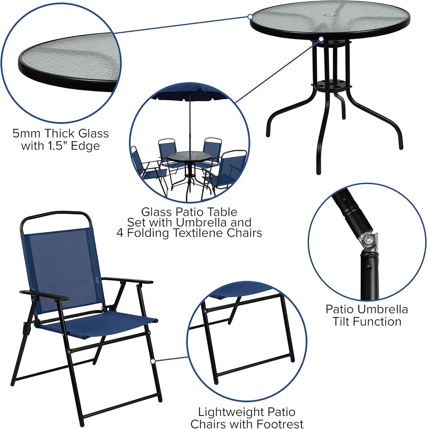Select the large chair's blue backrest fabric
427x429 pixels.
[63, 268]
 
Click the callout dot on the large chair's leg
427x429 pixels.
[153, 360]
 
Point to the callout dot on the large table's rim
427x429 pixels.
[250, 17]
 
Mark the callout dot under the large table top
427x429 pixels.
[322, 39]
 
